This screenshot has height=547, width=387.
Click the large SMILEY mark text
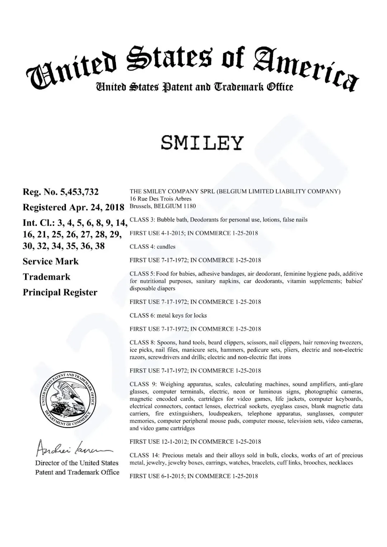coord(202,143)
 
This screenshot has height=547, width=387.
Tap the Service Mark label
coord(51,261)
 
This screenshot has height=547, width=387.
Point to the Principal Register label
coord(60,292)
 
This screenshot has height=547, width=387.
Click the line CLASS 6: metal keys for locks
coord(168,315)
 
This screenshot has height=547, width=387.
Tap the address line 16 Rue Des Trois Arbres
coord(161,199)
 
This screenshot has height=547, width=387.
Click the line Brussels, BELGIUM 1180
coord(163,206)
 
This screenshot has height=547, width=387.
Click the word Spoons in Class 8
coord(166,343)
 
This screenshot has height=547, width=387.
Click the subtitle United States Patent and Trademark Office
coord(194,87)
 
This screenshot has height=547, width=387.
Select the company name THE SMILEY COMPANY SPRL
coord(172,192)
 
